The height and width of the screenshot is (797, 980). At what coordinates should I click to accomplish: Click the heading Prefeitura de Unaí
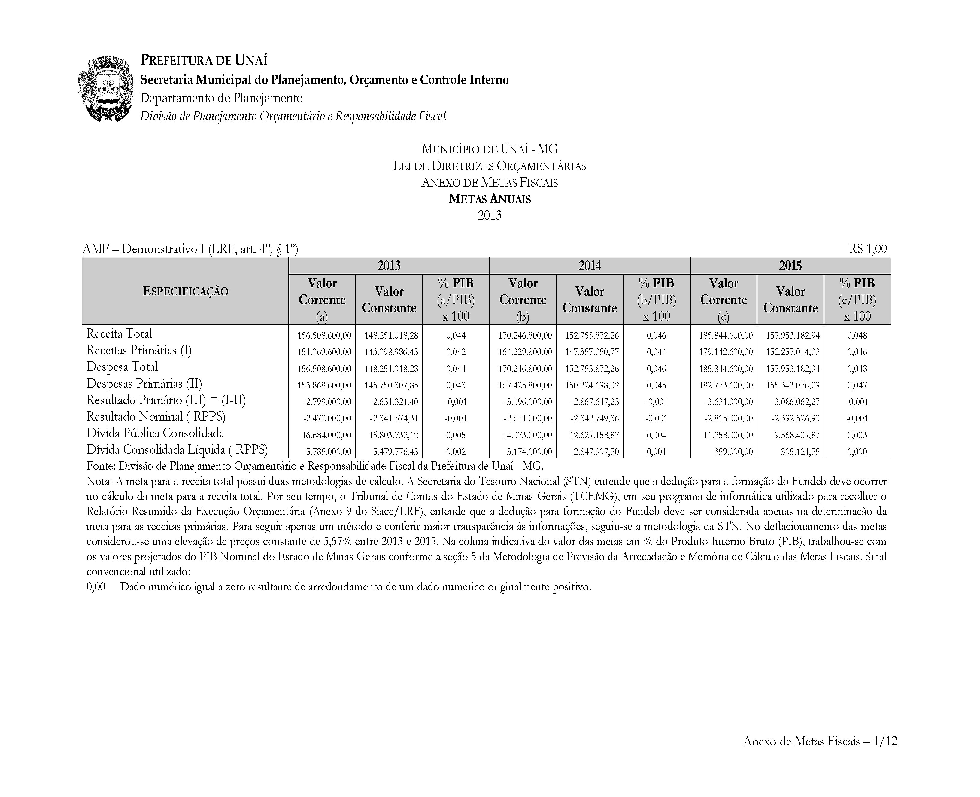pos(204,60)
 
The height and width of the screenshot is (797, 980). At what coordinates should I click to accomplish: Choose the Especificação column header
pos(185,291)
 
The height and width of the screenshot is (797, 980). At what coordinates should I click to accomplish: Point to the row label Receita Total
pos(119,334)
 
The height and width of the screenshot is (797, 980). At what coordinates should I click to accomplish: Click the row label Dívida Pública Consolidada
pos(155,433)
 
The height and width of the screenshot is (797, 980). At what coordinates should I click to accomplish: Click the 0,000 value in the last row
pos(857,452)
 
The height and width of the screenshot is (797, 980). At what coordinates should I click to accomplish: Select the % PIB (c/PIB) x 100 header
pos(857,299)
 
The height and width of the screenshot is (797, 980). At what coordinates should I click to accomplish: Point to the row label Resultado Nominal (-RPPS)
pos(156,417)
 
